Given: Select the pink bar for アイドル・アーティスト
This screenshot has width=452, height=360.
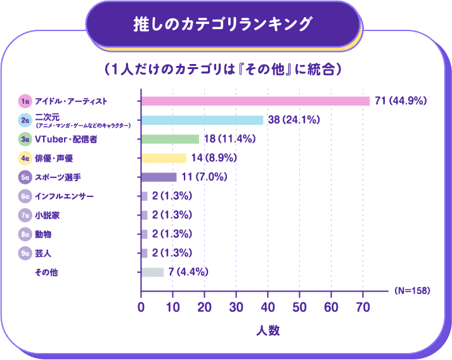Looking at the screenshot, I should point(255,101).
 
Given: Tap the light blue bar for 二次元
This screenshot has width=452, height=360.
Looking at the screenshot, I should point(202,120).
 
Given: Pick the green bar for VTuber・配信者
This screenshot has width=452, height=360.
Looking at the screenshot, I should point(170,139).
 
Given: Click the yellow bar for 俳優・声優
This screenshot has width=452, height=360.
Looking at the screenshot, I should point(164,158).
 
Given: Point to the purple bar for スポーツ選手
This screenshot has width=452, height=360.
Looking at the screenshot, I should point(158,177).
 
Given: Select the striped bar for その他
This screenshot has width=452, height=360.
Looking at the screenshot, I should point(152,273).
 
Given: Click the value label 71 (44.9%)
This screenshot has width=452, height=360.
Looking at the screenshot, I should point(402,101).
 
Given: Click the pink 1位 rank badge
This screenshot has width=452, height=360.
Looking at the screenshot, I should point(25,101).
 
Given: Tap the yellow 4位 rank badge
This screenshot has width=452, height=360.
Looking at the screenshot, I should point(25,158).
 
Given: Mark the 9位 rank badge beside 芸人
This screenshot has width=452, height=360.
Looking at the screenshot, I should point(25,254).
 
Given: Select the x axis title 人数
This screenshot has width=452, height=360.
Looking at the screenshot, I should point(268,330).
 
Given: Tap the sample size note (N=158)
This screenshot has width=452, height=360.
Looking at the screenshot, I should point(412,291).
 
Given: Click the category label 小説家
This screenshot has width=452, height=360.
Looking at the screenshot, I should point(48,215).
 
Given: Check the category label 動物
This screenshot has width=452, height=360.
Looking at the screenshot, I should point(43,235).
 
